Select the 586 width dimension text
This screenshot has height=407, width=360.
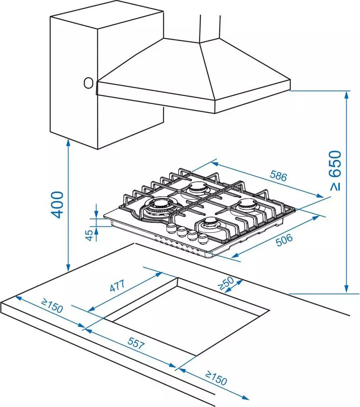[x=279, y=176]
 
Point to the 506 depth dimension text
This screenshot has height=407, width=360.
[x=284, y=240]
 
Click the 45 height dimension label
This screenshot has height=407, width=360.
[x=89, y=235]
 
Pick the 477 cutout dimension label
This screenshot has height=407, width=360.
[x=117, y=286]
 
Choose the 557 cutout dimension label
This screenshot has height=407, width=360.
[x=136, y=343]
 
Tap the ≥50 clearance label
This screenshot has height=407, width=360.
[x=226, y=283]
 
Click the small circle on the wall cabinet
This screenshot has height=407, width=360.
[x=89, y=83]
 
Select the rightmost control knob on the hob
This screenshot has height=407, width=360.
[x=203, y=238]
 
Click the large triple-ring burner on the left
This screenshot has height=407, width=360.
[x=157, y=206]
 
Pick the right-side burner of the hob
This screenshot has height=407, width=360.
[x=247, y=204]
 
